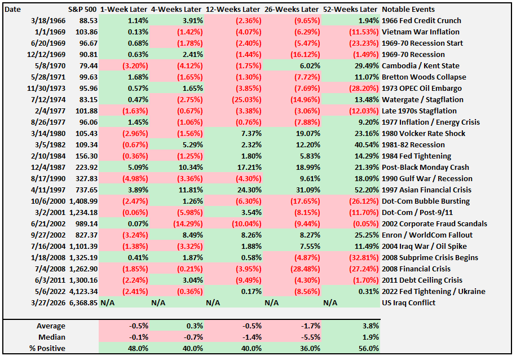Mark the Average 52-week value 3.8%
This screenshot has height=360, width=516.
[367, 326]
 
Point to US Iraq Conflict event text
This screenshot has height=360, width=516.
[409, 303]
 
